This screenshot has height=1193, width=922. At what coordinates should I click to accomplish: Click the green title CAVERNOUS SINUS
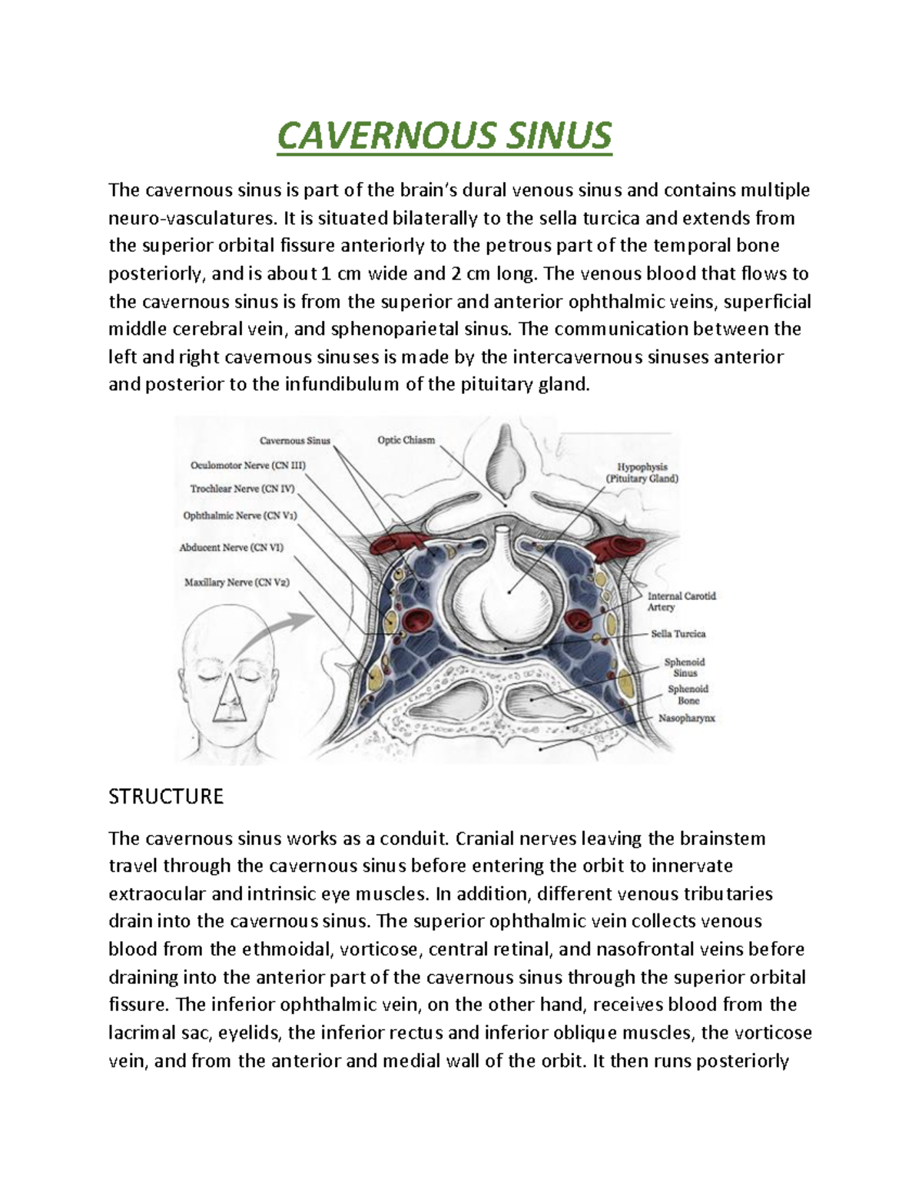444,136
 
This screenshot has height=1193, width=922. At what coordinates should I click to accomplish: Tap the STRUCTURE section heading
166,797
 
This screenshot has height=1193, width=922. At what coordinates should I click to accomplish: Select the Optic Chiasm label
406,440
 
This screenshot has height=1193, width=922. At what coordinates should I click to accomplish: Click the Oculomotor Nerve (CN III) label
248,465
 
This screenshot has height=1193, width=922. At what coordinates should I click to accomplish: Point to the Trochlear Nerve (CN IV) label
242,489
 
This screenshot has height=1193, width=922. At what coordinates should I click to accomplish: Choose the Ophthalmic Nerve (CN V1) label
240,515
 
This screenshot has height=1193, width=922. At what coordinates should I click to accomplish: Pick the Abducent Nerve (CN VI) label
231,548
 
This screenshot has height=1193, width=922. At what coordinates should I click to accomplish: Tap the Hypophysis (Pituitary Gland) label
642,472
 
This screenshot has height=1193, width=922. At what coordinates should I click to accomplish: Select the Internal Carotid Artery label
682,601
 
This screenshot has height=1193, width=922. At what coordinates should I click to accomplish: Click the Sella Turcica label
678,634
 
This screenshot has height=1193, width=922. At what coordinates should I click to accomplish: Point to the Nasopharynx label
686,718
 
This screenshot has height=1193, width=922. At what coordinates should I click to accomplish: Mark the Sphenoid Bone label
688,694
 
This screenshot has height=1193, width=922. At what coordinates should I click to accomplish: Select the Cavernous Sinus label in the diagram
295,441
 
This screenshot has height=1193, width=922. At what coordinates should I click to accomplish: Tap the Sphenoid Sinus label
685,667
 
